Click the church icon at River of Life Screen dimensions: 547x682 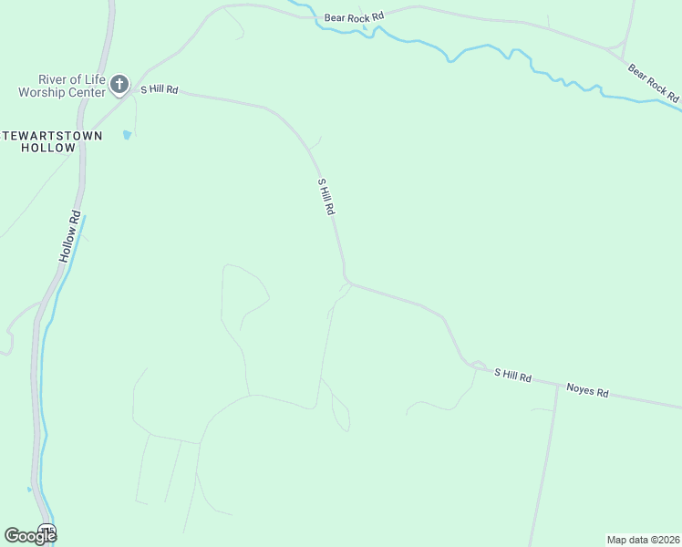pos(119,86)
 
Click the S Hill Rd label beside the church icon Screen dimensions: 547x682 pos(159,90)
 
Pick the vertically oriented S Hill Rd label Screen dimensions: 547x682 pos(326,196)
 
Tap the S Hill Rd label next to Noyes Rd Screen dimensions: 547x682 pos(512,375)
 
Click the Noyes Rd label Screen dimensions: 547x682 pos(587,390)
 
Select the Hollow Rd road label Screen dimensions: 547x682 pos(70,237)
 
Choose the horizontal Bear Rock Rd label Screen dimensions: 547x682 pos(353,17)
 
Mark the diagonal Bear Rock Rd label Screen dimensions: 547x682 pos(653,82)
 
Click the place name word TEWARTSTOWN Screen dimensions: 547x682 pos(64,136)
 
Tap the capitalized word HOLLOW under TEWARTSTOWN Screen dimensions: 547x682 pos(48,148)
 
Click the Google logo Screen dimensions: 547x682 pos(30,536)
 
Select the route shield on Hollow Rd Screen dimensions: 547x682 pos(47,531)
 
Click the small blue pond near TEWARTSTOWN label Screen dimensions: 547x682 pos(127,135)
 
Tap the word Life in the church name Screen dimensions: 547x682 pos(89,79)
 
